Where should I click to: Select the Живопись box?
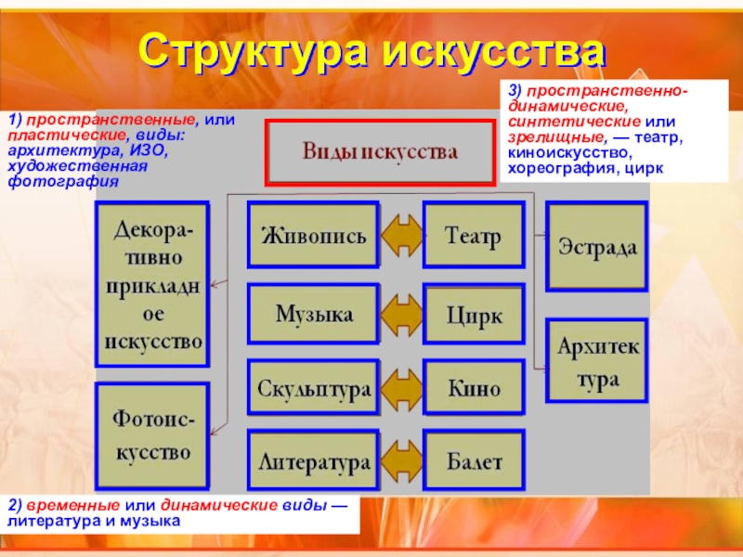coord(313,236)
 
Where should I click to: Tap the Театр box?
coord(474,236)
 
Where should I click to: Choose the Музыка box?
coord(313,314)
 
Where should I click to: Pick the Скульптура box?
coord(313,387)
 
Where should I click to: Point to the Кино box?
coord(474,387)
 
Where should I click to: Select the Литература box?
coord(313,460)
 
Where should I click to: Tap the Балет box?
coord(474,460)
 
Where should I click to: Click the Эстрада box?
coord(596,247)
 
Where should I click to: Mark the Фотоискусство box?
coord(151,437)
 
